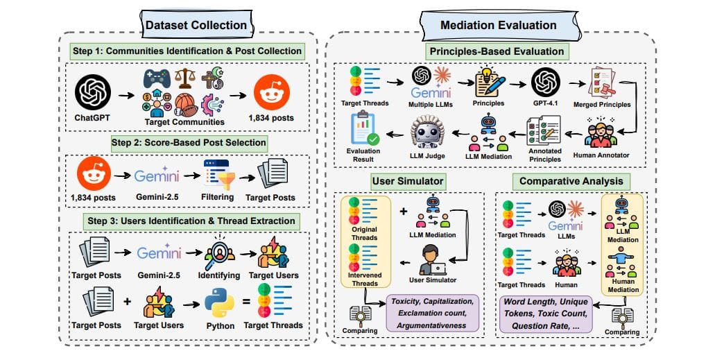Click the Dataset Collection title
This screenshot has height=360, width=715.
click(196, 26)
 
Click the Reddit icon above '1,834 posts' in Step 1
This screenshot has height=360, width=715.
click(271, 90)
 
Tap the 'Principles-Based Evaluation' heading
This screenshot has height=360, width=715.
click(495, 51)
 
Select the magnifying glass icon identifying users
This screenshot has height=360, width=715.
click(221, 250)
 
